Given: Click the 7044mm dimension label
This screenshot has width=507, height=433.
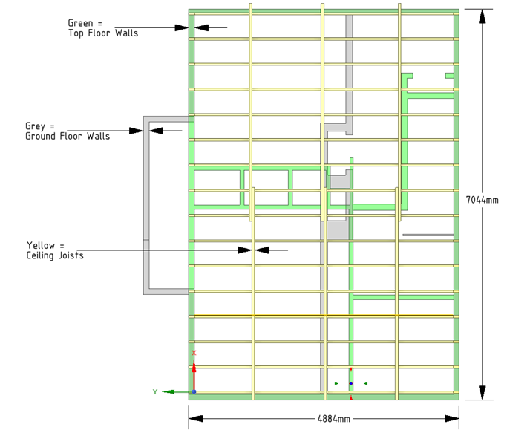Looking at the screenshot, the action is click(x=482, y=200).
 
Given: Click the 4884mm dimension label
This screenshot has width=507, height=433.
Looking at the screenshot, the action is click(x=334, y=419).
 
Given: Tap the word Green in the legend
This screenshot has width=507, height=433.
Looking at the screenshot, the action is click(x=80, y=23).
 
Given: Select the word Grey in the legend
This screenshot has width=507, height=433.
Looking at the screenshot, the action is click(x=35, y=126).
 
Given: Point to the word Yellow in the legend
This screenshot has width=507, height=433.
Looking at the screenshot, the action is click(x=41, y=245).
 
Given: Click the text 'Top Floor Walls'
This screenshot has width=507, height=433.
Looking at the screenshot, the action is click(x=103, y=33).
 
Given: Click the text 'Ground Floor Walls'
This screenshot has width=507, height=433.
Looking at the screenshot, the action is click(x=68, y=136).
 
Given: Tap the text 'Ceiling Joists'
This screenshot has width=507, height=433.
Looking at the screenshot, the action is click(x=55, y=255).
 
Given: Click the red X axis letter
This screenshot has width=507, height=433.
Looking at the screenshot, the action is click(x=194, y=353).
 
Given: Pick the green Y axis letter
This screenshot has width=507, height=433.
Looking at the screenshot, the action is click(x=155, y=391).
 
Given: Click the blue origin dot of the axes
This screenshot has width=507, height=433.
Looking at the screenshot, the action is click(x=194, y=391).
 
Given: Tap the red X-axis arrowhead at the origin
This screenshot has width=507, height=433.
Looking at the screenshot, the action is click(x=194, y=366).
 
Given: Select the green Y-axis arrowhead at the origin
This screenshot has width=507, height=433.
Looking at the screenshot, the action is click(x=169, y=391).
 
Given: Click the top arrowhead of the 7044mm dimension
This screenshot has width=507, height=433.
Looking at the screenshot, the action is click(x=482, y=16).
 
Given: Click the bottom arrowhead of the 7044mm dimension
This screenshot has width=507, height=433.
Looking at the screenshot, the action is click(x=482, y=393).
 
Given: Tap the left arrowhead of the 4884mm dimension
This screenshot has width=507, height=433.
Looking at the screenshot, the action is click(x=196, y=418).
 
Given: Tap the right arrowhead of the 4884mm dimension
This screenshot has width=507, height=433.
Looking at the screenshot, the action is click(x=452, y=418).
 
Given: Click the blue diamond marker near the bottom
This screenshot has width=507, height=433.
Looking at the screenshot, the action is click(x=351, y=383).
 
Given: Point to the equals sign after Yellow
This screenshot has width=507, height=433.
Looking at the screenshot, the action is click(x=62, y=246).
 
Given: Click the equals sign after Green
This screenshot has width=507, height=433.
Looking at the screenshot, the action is click(x=99, y=24).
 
